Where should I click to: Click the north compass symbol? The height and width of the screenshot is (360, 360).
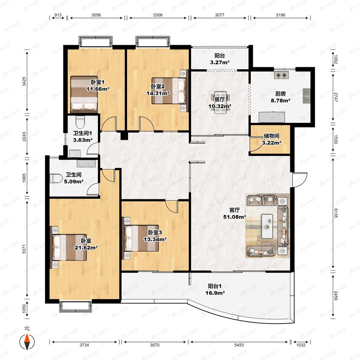click(27, 342)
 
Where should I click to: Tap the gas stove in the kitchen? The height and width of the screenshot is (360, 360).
click(281, 75)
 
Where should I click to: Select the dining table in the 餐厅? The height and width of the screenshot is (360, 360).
click(220, 103)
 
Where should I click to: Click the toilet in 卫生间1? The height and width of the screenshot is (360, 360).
click(80, 122)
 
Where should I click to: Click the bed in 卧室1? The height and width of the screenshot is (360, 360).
click(84, 94)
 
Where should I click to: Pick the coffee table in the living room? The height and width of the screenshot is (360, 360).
click(267, 226)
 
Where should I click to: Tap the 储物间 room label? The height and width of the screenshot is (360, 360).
click(271, 136)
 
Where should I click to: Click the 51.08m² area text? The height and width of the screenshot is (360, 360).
click(235, 217)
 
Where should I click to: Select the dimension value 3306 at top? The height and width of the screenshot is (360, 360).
click(158, 15)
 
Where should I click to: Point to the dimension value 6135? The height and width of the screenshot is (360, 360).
click(336, 213)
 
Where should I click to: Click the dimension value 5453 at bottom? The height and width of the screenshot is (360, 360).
click(239, 345)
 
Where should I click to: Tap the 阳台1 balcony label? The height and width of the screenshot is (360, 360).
click(215, 286)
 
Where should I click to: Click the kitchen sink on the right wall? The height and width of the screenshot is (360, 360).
click(307, 96)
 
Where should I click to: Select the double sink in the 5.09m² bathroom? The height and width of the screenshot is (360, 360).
click(86, 164)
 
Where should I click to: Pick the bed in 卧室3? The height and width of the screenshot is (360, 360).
click(141, 238)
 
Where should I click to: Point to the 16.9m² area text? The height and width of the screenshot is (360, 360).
click(215, 293)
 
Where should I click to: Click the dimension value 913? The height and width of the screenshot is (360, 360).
click(58, 15)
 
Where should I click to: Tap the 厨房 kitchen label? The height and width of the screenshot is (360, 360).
click(280, 94)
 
